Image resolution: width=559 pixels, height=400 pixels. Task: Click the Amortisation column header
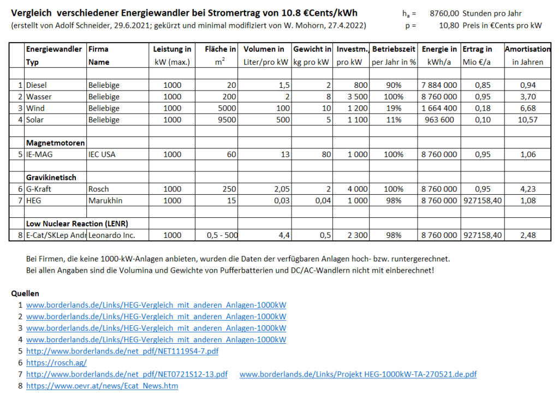coord(527,50)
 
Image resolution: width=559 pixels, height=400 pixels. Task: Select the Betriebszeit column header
coord(394,50)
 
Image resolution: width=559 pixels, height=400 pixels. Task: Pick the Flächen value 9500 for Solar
coord(227,120)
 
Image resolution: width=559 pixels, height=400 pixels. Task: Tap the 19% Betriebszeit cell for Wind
coord(394,108)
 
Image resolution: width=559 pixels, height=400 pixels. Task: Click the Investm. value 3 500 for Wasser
coord(357,97)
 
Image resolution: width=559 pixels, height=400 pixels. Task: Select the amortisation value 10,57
coord(527,120)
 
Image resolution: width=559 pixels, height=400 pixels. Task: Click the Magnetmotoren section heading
coord(55,143)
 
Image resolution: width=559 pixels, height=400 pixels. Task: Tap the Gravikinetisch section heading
coord(51,177)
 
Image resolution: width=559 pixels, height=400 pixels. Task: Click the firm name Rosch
coord(99,189)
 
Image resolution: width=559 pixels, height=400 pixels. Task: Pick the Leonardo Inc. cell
coord(111,235)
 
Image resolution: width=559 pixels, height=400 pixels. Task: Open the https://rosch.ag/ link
coord(56,362)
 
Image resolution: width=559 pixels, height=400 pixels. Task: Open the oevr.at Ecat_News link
coord(102,386)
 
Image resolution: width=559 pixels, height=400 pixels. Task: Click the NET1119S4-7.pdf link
coord(122,351)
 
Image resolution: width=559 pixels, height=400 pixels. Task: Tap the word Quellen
coord(25,294)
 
